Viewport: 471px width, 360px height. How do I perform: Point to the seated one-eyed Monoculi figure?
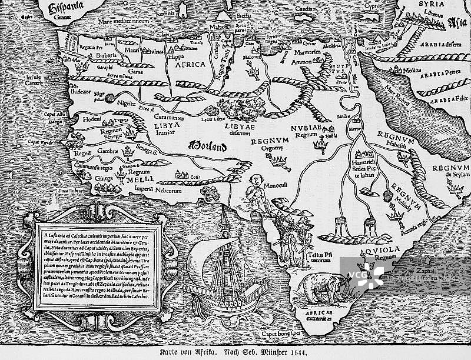pyautogui.click(x=254, y=191)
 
